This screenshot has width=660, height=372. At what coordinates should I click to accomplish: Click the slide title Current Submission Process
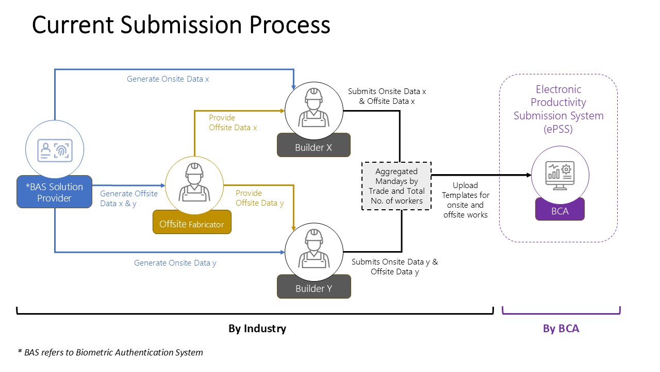181,25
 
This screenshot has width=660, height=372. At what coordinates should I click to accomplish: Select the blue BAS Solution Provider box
54,192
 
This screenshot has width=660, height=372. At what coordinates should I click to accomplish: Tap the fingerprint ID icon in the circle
54,150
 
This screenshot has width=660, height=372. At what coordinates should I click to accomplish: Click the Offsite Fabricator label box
192,224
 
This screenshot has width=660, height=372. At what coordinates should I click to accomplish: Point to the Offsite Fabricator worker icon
194,184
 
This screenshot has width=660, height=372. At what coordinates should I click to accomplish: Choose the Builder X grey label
313,147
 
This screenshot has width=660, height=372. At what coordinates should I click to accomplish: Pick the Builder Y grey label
313,288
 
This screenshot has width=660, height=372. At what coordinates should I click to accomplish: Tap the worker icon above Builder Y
313,250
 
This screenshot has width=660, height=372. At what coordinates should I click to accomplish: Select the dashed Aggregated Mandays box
397,186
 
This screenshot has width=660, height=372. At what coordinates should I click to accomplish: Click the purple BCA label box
559,211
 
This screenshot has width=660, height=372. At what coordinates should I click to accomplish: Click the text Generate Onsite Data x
168,79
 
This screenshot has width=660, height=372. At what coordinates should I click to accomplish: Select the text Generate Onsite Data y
175,263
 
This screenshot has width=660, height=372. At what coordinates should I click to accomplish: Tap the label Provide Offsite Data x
233,122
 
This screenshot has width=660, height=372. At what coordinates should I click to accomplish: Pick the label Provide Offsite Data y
259,198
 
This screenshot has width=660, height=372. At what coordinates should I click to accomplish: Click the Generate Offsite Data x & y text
129,198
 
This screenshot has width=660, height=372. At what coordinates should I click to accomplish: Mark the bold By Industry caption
257,329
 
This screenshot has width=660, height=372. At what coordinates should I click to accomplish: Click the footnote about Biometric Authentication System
110,352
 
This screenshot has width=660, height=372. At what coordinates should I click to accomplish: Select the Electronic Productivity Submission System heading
558,109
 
